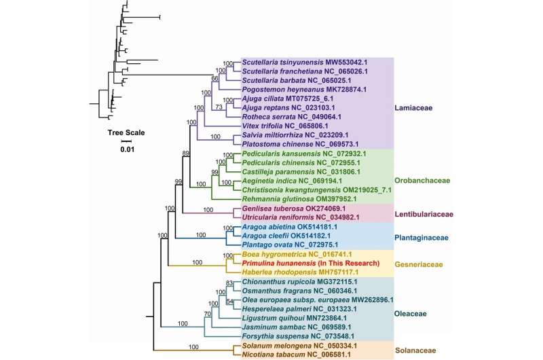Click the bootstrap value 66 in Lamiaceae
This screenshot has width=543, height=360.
pyautogui.click(x=215, y=79)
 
